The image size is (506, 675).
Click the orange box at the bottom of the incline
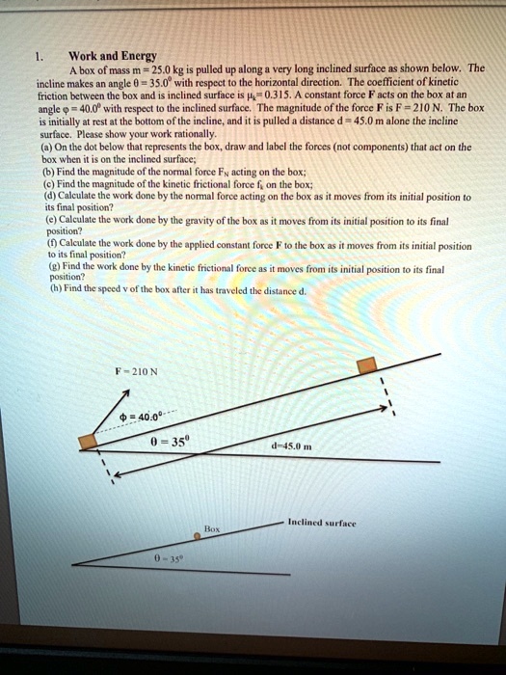(88, 442)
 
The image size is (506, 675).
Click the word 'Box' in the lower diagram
(212, 529)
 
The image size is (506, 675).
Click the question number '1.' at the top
(40, 56)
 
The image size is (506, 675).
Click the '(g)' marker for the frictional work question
(65, 261)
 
